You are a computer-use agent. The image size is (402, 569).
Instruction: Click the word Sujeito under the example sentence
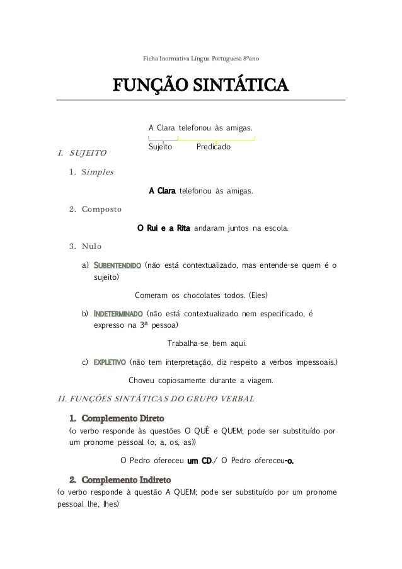[160, 147]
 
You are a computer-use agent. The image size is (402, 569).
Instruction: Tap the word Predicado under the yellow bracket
[213, 147]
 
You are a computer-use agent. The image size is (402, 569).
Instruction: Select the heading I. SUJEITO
[83, 153]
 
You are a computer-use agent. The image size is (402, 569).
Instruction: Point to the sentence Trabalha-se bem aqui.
[207, 344]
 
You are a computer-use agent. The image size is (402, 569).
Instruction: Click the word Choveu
[141, 381]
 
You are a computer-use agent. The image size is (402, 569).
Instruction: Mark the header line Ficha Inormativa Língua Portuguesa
[201, 59]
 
